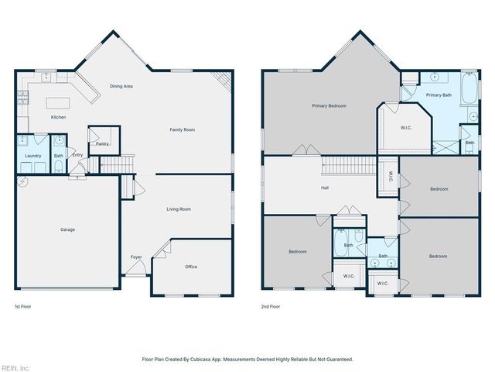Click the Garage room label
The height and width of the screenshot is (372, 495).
(68, 229)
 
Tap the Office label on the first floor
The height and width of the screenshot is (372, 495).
(191, 267)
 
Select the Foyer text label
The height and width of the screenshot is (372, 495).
(136, 257)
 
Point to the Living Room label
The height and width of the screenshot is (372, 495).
(179, 209)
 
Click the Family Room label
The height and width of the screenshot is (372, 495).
(183, 129)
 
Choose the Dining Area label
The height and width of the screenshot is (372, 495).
(121, 86)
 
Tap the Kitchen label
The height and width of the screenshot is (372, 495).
(58, 117)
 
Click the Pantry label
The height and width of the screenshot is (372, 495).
(102, 143)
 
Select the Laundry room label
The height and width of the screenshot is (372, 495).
(32, 156)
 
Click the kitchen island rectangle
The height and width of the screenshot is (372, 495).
(58, 102)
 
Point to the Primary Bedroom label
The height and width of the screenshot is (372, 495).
(329, 105)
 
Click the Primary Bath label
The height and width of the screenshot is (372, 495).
(438, 95)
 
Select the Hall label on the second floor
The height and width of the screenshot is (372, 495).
(326, 188)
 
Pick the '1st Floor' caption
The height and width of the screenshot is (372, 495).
(24, 306)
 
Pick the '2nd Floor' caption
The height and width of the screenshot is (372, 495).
(270, 306)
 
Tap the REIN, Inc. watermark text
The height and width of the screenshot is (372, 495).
(15, 367)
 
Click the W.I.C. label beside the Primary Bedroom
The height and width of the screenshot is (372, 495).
(406, 128)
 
